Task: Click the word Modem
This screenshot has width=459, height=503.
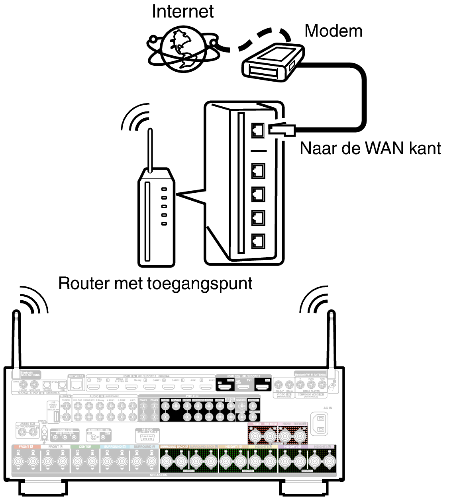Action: [x=333, y=31]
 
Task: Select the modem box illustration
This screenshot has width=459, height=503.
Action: [x=273, y=63]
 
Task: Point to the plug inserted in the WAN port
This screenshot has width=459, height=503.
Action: [x=281, y=129]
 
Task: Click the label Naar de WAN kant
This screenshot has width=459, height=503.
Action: [x=370, y=148]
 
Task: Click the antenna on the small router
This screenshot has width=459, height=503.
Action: [x=150, y=151]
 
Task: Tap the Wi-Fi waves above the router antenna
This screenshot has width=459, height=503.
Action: [x=135, y=117]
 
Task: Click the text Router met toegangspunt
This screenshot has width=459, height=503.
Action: [x=155, y=283]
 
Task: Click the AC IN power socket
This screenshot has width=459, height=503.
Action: [x=321, y=423]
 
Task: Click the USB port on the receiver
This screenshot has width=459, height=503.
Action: [x=56, y=417]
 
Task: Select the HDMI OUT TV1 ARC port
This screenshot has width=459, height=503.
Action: [x=243, y=386]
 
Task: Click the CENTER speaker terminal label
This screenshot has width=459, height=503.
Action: [x=85, y=447]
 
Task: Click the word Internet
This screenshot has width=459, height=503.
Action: [x=182, y=11]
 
